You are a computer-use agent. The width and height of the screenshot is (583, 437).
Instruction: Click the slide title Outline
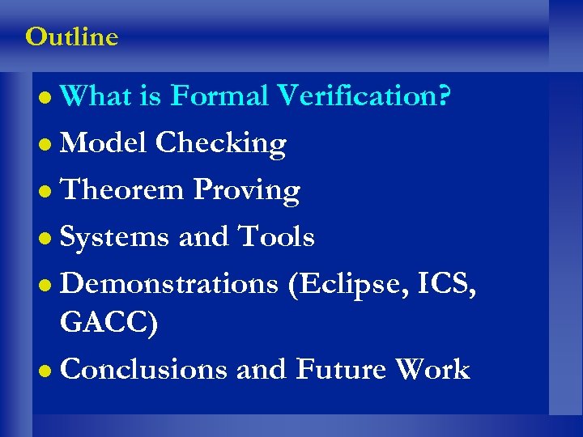(x=71, y=37)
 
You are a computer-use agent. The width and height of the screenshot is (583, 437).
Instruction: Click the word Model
(x=104, y=143)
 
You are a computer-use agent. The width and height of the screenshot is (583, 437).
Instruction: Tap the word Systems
(x=115, y=238)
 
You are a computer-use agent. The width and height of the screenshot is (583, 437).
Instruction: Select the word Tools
(x=275, y=237)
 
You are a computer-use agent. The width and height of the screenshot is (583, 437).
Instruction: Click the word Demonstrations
(x=170, y=284)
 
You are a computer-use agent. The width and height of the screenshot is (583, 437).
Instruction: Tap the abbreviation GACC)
(x=109, y=323)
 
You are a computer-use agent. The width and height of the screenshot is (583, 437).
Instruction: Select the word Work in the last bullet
(x=432, y=369)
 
